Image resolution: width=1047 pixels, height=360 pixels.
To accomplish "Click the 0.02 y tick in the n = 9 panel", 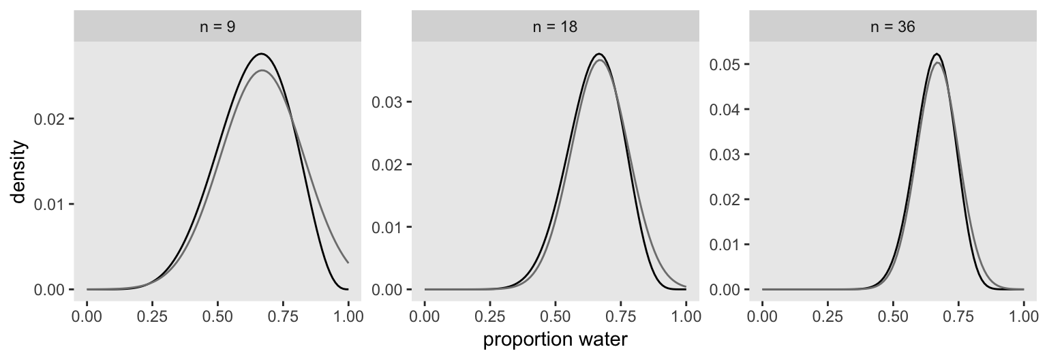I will [49, 119].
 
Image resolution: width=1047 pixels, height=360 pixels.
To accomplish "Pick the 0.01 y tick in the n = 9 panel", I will [49, 205].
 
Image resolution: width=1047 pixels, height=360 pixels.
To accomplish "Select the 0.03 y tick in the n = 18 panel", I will [386, 102].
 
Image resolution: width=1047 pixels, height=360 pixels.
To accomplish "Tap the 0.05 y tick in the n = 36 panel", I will [725, 64].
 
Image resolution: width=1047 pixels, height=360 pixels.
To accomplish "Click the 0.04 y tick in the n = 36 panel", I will [725, 109].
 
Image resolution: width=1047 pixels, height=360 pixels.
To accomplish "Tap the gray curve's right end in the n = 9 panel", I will [348, 262].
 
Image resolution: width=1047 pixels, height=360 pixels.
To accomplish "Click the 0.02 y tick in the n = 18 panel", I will [386, 164].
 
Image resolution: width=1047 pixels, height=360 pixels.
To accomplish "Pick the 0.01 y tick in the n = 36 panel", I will [725, 244].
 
